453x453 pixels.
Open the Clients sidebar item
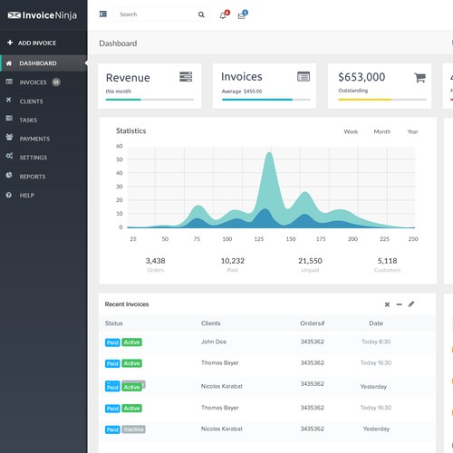tap(31, 101)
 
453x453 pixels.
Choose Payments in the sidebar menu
tap(34, 139)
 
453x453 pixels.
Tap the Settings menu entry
tap(33, 157)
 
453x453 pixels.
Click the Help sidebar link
tap(26, 195)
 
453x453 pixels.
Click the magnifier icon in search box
tap(200, 14)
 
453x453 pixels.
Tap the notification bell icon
tap(224, 15)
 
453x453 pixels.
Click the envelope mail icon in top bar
tap(242, 15)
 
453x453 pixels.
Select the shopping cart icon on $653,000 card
tap(419, 78)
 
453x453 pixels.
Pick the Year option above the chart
tap(412, 131)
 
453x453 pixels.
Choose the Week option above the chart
tap(351, 131)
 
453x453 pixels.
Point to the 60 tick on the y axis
tap(120, 146)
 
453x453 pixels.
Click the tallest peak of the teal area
tap(269, 153)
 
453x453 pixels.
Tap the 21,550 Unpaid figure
tap(311, 260)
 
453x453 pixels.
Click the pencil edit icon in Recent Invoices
tap(411, 304)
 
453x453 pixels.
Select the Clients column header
tap(210, 323)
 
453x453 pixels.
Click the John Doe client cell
tap(213, 342)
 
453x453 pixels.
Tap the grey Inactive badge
tap(133, 429)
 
